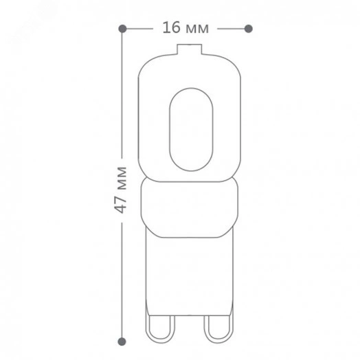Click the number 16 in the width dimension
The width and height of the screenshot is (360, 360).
[171, 27]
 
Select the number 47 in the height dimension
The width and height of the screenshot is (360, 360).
[120, 204]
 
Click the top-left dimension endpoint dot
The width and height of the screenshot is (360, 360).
[122, 29]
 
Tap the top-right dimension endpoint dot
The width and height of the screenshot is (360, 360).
[249, 29]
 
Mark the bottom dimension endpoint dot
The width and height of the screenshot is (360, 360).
[122, 341]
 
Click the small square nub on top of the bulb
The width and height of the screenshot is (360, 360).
[189, 49]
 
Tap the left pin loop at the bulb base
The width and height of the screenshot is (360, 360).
[148, 330]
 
